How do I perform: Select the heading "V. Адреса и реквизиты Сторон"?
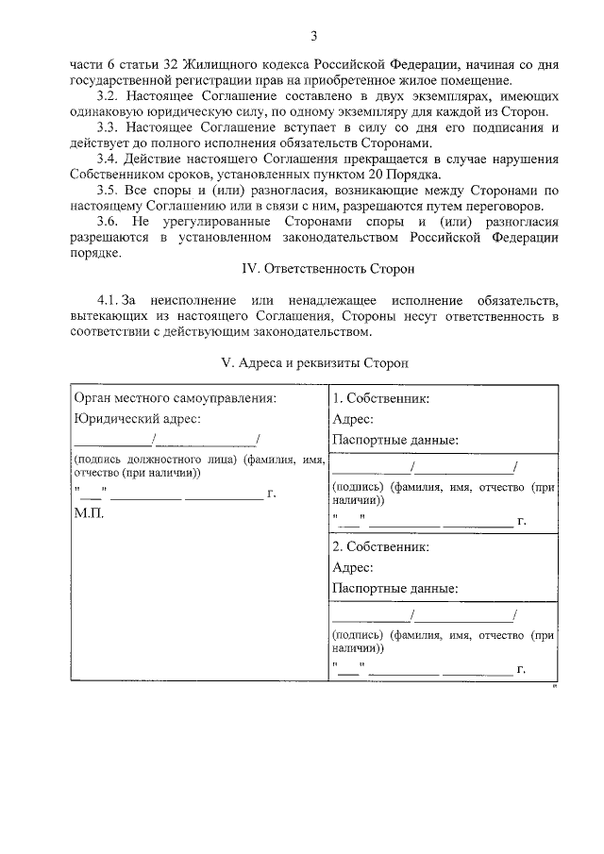(314, 361)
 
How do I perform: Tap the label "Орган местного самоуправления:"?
(175, 398)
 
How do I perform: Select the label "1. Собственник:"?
(380, 398)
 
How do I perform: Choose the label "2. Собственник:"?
(380, 546)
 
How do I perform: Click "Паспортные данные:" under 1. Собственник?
(395, 440)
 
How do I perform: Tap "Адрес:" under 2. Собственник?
(353, 567)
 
